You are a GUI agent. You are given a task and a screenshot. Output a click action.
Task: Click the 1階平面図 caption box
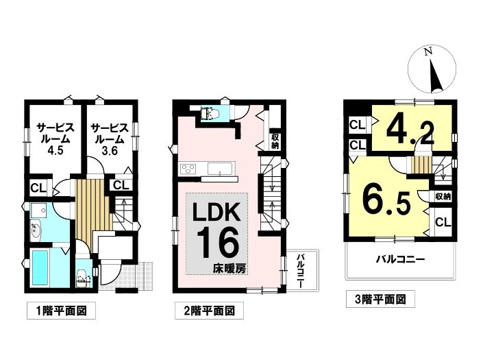point(61,311)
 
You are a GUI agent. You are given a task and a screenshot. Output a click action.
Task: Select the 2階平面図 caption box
point(209,311)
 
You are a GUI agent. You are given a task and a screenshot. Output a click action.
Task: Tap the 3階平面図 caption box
point(380,299)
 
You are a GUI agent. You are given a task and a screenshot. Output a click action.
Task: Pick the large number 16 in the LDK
point(218,243)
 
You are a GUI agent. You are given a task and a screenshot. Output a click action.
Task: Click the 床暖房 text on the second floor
point(230,269)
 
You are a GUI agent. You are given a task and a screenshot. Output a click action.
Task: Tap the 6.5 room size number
point(386,200)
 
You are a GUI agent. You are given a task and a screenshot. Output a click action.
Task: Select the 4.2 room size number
point(410,132)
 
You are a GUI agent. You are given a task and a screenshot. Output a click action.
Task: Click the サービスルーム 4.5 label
point(55,139)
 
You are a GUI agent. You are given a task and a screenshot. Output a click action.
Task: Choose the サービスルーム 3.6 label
point(110,139)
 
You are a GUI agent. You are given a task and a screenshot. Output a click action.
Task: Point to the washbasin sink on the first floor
point(36,230)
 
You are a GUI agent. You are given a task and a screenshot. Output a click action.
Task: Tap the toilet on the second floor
point(210,113)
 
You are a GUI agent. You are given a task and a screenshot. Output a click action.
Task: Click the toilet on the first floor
point(82,278)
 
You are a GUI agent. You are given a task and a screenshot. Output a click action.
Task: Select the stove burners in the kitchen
point(188,169)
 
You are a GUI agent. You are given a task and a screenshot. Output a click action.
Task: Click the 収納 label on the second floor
point(275,141)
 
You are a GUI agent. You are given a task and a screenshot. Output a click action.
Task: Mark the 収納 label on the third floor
point(443,196)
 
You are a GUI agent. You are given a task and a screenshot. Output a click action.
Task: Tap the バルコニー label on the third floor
point(400,259)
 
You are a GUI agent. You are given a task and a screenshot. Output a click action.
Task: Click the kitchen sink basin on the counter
point(219,169)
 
